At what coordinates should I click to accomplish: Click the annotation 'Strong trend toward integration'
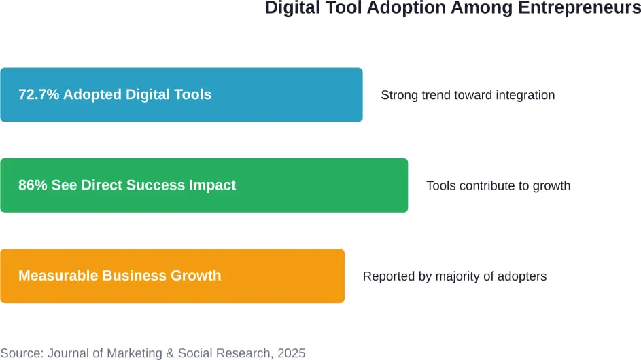pyautogui.click(x=468, y=95)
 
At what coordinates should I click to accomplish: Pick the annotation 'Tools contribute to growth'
pyautogui.click(x=498, y=185)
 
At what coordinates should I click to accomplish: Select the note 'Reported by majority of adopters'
pyautogui.click(x=455, y=276)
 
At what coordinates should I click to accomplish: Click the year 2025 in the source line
pyautogui.click(x=291, y=353)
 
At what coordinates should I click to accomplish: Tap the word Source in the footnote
pyautogui.click(x=20, y=353)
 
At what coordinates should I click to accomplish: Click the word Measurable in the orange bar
pyautogui.click(x=58, y=276)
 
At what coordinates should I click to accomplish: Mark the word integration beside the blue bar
pyautogui.click(x=525, y=95)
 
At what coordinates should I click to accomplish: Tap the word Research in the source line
pyautogui.click(x=245, y=353)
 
